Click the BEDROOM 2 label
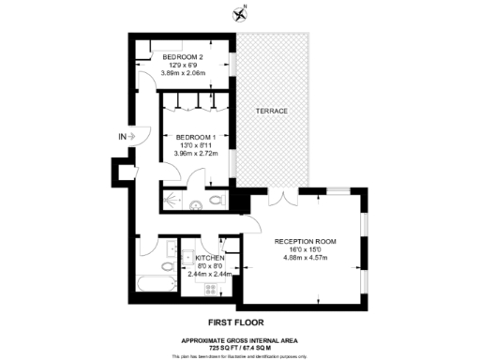coord(182,57)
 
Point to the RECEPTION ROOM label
coord(306,242)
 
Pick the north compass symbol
coord(240,13)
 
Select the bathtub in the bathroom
coord(156,281)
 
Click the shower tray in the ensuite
coord(172,201)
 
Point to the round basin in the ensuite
coord(195,205)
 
